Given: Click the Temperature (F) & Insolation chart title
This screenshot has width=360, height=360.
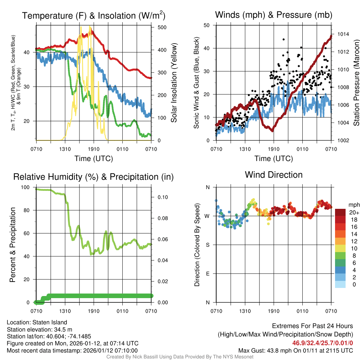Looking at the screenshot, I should coord(94,15).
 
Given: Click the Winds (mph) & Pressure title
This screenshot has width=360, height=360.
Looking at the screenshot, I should coord(274,15).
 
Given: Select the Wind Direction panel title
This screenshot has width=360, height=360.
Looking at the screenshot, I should coord(274,175).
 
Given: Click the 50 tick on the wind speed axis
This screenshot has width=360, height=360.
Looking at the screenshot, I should coord(207,25).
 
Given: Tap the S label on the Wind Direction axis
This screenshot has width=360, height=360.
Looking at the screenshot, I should coord(208,245).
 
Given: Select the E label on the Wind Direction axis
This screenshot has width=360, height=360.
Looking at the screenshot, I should coord(208,274).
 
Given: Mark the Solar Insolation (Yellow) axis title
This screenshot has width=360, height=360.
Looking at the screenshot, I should coord(174,83).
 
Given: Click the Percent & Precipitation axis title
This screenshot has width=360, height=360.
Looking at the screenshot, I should coord(12,245).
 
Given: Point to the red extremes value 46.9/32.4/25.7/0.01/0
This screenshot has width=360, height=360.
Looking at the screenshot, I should coord(322,342).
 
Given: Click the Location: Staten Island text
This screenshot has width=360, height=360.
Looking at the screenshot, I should coord(37,322).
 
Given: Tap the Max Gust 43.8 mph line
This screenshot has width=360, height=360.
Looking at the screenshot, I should coord(295,350).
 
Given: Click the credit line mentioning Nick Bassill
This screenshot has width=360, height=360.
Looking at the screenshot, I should coord(180,356).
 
